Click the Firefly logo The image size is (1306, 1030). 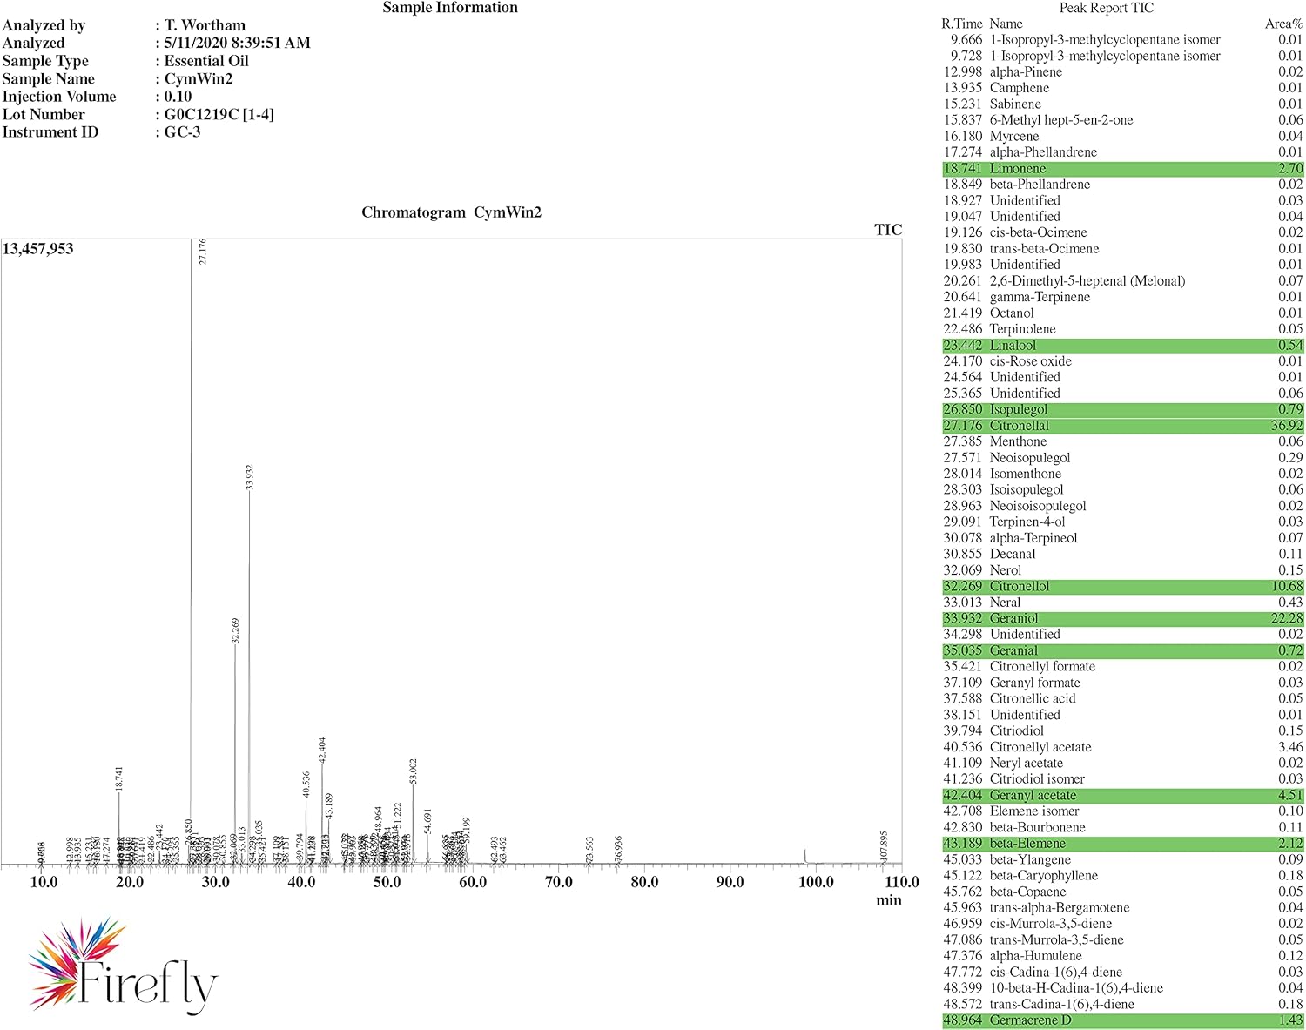(x=122, y=966)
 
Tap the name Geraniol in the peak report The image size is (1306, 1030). (x=1013, y=618)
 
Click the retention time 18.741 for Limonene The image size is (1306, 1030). (x=962, y=168)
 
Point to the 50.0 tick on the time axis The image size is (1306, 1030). (x=387, y=882)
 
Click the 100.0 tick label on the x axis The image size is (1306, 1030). (x=816, y=882)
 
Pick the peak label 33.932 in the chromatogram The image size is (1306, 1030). (x=250, y=477)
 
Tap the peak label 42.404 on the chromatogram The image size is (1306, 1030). (x=322, y=750)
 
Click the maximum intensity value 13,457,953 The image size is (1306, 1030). (x=38, y=249)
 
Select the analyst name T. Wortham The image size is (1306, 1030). (x=205, y=25)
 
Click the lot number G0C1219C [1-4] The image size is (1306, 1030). (x=219, y=114)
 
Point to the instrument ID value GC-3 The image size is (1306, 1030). (x=182, y=132)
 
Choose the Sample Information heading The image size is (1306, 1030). (x=450, y=8)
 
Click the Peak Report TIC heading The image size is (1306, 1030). (x=1106, y=8)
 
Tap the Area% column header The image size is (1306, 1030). (x=1283, y=24)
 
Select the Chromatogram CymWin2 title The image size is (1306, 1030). (x=451, y=212)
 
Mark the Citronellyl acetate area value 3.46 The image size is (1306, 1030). (x=1290, y=747)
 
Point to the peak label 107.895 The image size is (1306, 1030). (x=884, y=846)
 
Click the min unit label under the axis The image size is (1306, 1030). (x=888, y=900)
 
